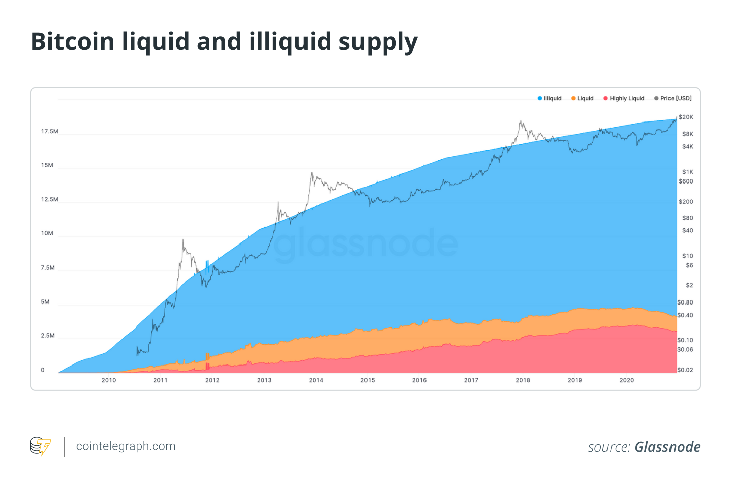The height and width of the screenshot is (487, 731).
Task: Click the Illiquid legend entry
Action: [x=550, y=98]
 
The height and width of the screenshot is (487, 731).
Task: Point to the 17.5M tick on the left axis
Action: [x=50, y=131]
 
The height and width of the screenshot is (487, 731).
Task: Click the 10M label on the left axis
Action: [x=47, y=233]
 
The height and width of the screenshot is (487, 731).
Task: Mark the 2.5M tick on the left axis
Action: [x=48, y=336]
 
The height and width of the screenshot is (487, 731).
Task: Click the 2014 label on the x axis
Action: [x=316, y=380]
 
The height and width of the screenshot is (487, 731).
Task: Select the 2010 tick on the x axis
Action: [x=109, y=380]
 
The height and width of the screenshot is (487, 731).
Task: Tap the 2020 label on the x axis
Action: [x=627, y=380]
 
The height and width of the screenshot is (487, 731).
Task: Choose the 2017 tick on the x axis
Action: [x=471, y=380]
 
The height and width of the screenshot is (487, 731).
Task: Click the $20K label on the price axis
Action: [x=686, y=117]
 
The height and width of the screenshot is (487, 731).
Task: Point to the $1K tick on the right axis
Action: [x=688, y=172]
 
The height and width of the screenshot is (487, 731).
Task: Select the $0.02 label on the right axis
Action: [x=685, y=370]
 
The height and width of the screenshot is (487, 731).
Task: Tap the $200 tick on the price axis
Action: [x=686, y=202]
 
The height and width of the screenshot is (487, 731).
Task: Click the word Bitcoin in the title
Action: [x=73, y=42]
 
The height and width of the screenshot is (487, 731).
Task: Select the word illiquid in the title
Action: [x=289, y=42]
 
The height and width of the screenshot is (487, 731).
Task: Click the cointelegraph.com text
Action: [x=126, y=446]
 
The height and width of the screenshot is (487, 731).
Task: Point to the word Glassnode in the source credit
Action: [x=667, y=447]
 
